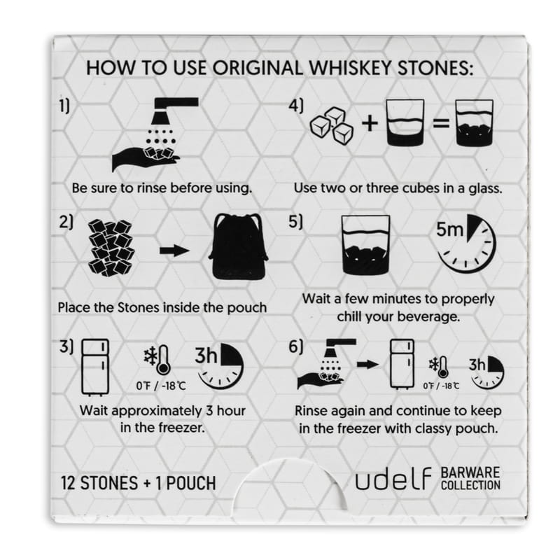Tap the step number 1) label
[64, 106]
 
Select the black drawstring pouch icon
[238, 246]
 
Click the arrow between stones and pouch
[174, 251]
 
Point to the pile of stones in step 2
[111, 248]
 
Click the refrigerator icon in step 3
[95, 367]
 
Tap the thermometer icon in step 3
[163, 360]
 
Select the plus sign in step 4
[370, 123]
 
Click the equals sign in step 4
[441, 124]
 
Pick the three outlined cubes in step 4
[332, 125]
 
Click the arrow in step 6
[367, 364]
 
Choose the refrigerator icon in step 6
[402, 364]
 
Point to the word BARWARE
[470, 472]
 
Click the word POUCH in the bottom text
[191, 483]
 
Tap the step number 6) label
[295, 346]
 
